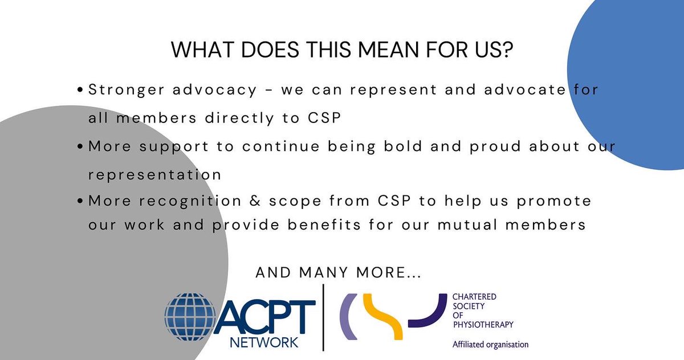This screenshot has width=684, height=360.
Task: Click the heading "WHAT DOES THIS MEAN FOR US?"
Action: pos(341,51)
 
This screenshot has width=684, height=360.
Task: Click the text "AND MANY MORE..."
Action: pos(339,273)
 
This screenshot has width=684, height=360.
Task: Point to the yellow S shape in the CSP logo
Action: pos(383,317)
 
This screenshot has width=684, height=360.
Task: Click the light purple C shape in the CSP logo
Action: pos(347,317)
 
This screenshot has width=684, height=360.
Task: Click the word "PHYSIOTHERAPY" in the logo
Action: pos(482,325)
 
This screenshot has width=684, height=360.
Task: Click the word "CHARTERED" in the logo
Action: pos(474,297)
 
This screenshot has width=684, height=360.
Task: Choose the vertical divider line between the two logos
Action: pos(323,317)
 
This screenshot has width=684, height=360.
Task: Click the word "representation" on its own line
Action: pos(154,175)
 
